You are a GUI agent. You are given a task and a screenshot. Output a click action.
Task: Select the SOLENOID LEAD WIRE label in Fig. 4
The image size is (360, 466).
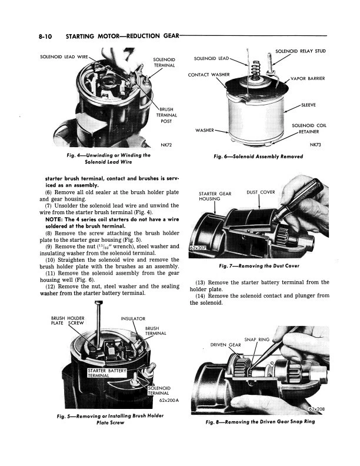pos(63,56)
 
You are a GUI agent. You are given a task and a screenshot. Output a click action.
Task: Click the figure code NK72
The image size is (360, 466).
pos(168,145)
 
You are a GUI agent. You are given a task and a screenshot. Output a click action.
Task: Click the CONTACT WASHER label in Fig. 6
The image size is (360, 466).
pos(208,75)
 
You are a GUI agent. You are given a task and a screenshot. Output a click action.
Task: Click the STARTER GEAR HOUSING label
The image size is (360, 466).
pos(215,196)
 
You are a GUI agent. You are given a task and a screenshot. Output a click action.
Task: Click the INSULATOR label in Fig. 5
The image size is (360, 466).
pos(132,319)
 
